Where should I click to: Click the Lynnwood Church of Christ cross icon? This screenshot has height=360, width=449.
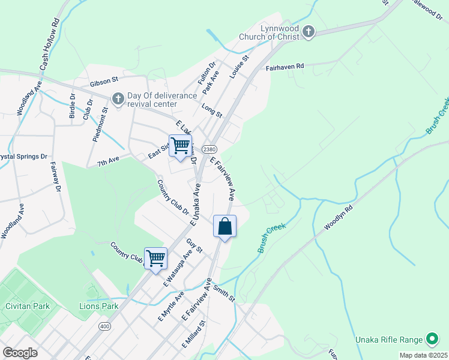tap(309, 32)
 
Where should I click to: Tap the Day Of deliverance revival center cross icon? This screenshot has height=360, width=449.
tap(118, 97)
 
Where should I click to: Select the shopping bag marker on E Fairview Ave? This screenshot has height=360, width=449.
tap(225, 227)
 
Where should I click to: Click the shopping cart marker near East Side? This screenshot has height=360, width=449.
tap(180, 146)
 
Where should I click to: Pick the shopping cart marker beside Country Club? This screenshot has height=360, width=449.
tap(156, 259)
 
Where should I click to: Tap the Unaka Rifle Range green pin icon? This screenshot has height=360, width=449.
tap(431, 339)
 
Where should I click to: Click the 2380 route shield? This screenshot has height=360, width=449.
tap(209, 149)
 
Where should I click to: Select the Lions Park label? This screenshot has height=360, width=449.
tap(99, 306)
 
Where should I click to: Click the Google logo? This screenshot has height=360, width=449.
tap(20, 353)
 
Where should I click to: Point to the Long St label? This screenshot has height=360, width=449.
tap(212, 110)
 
